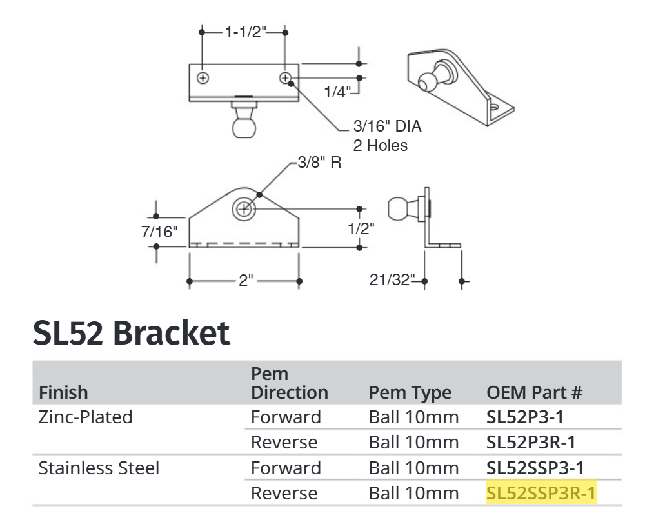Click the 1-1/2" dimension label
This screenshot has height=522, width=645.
coord(245,32)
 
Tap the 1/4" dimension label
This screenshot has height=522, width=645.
coord(336,92)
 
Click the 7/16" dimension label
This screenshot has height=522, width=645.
coord(159,232)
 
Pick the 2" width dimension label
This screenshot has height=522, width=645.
coord(245,281)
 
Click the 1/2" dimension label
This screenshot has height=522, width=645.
coord(360,228)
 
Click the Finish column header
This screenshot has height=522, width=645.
coord(63,392)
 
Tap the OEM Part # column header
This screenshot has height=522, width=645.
coord(535,392)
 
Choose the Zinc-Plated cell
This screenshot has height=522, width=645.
coord(86,417)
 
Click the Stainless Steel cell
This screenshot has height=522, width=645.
coord(99,468)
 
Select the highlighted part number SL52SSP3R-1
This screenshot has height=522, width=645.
coord(541,494)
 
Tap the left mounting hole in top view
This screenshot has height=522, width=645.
coord(203,78)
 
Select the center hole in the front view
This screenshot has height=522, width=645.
coord(244,209)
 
